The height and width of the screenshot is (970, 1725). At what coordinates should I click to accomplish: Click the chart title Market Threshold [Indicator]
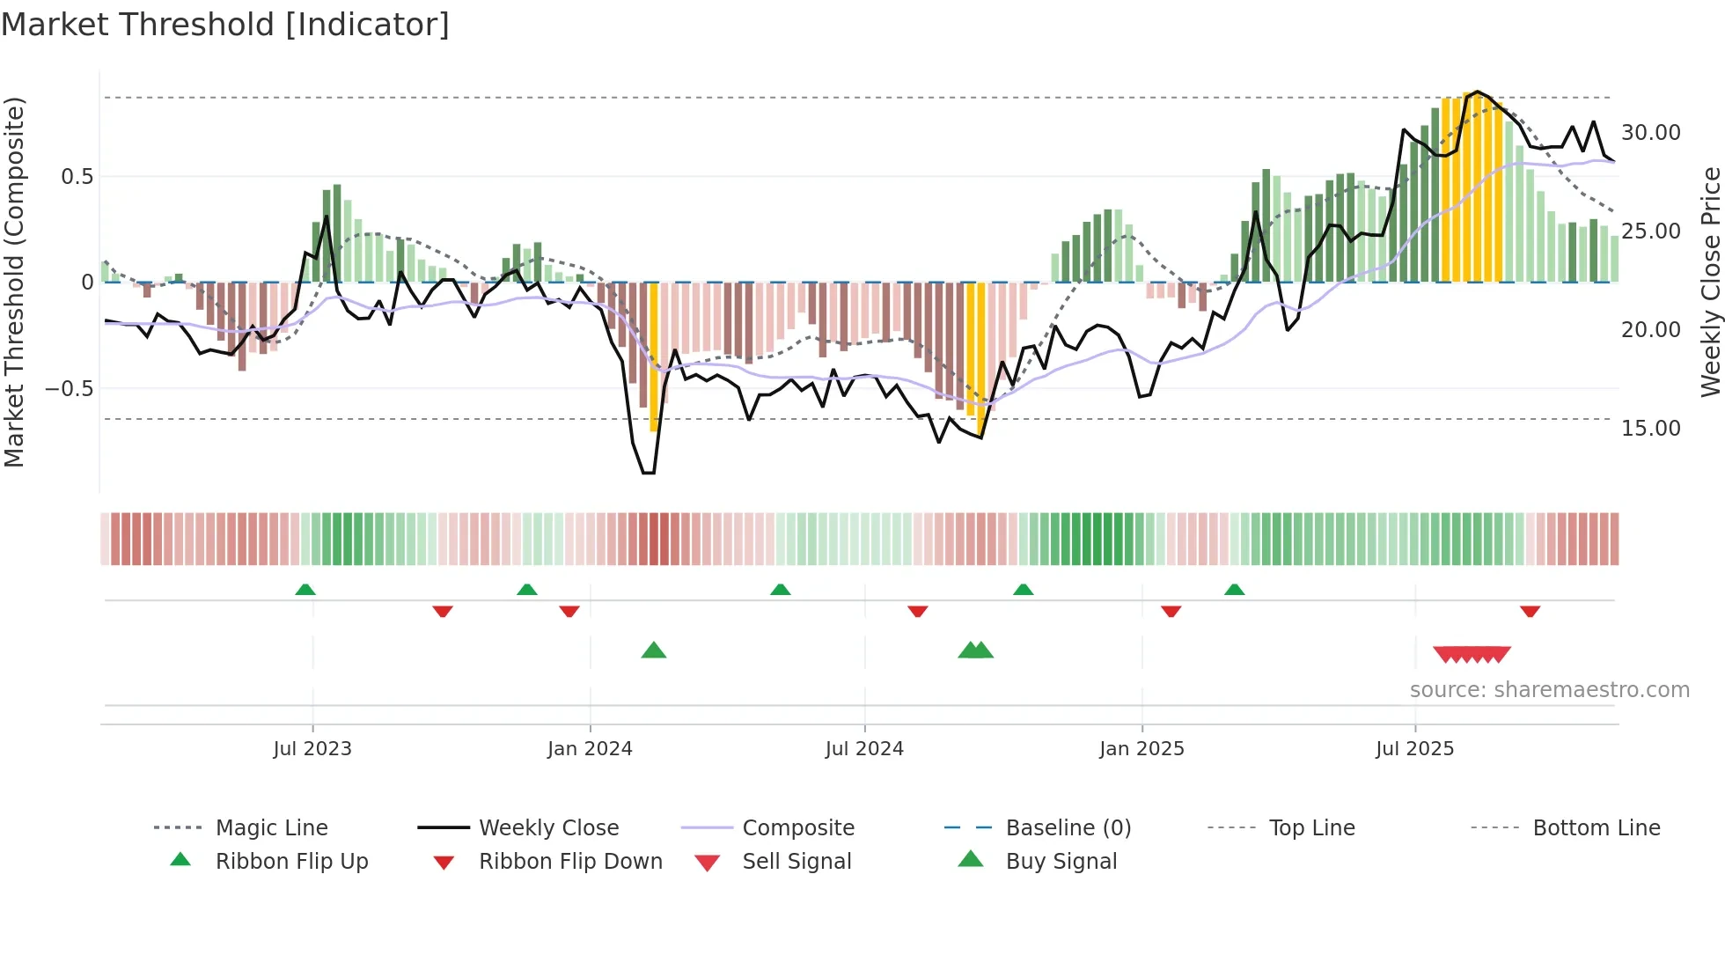coord(225,25)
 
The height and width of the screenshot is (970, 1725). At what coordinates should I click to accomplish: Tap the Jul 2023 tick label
coord(312,749)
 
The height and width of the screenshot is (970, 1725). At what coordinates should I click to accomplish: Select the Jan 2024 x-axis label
coord(590,749)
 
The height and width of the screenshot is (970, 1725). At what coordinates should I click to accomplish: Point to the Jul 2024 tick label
coord(864,749)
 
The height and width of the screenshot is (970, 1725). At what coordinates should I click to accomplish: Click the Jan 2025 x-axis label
coord(1141,749)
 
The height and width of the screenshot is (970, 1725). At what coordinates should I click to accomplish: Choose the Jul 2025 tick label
coord(1414,749)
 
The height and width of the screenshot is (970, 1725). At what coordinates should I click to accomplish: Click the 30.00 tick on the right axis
coord(1650,133)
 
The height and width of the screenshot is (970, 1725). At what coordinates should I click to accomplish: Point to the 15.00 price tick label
coord(1650,429)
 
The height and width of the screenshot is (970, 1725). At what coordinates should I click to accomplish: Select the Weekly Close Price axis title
coord(1710,282)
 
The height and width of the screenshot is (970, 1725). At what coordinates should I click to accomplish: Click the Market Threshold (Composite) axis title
coord(14,282)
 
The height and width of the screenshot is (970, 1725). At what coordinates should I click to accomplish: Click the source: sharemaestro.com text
coord(1549,690)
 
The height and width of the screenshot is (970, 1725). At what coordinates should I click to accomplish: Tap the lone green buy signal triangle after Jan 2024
coord(654,650)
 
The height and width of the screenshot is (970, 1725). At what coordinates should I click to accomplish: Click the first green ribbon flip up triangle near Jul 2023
coord(305,590)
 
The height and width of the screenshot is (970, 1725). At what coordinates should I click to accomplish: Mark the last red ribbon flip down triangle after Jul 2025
coord(1530,611)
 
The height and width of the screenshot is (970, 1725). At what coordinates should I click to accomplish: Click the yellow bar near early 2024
coord(654,356)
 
